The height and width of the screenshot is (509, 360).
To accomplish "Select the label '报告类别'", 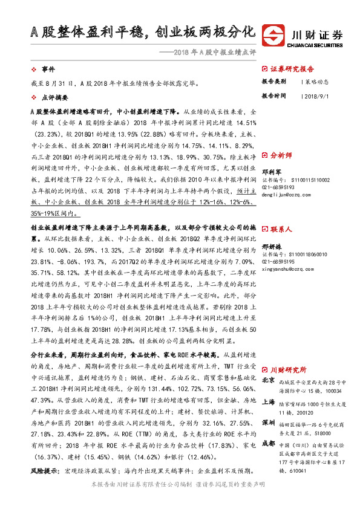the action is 274,82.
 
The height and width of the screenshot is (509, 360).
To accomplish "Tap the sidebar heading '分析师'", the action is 281,155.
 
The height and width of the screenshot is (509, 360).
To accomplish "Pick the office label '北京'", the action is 269,381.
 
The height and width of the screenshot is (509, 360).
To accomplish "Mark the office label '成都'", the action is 269,443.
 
